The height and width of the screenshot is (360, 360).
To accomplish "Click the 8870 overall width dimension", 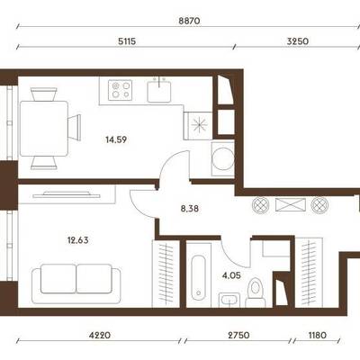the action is (x=189, y=22).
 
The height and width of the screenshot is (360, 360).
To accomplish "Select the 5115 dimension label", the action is (x=127, y=41).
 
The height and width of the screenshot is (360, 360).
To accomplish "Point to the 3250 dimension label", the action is (x=298, y=41).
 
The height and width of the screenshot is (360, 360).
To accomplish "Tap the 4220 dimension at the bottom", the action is (x=100, y=335).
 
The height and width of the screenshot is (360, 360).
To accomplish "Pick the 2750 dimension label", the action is (x=238, y=335).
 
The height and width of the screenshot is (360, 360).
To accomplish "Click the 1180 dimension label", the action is (x=317, y=335).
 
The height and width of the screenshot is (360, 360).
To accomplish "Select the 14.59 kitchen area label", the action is (x=116, y=139).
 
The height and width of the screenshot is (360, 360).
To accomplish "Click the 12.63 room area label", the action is (x=78, y=240).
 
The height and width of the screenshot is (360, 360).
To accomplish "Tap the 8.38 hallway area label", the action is (x=190, y=209).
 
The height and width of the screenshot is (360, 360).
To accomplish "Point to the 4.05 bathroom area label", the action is (x=231, y=275).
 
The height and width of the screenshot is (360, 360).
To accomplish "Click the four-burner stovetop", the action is (x=121, y=90).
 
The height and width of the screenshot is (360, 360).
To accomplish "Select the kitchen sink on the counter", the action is (x=159, y=90).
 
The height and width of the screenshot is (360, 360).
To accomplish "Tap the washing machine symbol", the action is (x=222, y=158).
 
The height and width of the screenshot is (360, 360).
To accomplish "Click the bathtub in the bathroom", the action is (x=198, y=275).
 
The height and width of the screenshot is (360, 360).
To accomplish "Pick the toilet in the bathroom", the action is (x=256, y=292).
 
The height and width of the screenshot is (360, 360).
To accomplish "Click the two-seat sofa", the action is (x=76, y=283).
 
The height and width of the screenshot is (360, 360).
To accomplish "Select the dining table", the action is (x=44, y=129).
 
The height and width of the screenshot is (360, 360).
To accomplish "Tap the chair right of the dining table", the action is (x=75, y=127).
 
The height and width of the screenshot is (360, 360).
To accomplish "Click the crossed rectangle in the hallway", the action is (x=291, y=205).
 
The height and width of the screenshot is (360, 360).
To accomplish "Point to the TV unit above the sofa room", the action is (x=67, y=194).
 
